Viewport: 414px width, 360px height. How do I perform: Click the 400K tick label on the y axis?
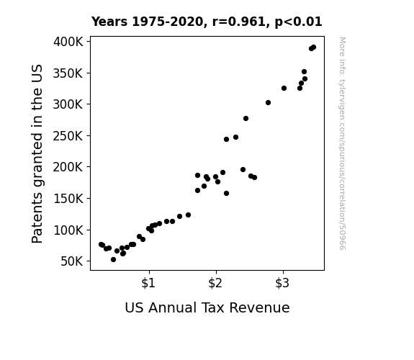click(68, 42)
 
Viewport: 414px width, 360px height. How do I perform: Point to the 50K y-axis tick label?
click(72, 261)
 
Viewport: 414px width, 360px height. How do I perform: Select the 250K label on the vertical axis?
click(68, 136)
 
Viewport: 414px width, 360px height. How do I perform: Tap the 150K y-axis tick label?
click(68, 199)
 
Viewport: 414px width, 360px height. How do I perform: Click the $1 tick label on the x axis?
click(148, 283)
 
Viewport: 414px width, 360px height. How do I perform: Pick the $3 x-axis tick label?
click(282, 283)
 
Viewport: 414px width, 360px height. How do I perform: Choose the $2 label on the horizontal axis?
click(215, 283)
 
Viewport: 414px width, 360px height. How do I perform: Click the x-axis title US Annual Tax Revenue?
click(207, 307)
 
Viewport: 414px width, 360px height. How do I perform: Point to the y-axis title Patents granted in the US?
click(37, 153)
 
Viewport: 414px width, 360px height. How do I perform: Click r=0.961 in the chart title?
click(239, 22)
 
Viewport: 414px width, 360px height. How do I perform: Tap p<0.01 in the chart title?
click(298, 22)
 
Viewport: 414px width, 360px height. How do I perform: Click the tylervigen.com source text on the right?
click(342, 143)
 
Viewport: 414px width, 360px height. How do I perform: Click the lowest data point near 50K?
click(113, 260)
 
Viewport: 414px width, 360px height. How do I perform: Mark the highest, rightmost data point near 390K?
click(313, 48)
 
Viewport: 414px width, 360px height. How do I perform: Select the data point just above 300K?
click(268, 102)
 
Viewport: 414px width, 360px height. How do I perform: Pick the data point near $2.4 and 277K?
click(246, 118)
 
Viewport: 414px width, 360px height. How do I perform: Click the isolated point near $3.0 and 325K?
click(284, 88)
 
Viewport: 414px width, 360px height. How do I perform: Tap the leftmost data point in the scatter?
click(101, 244)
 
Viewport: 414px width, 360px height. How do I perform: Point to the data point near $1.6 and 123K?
click(188, 215)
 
